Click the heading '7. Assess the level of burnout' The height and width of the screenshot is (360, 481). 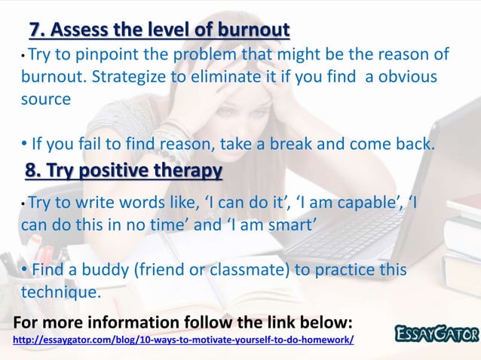click(159, 31)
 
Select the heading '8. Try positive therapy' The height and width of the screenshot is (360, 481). click(124, 172)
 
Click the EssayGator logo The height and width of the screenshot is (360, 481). click(437, 333)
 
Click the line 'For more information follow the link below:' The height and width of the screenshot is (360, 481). click(182, 324)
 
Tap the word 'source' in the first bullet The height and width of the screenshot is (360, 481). click(46, 99)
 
